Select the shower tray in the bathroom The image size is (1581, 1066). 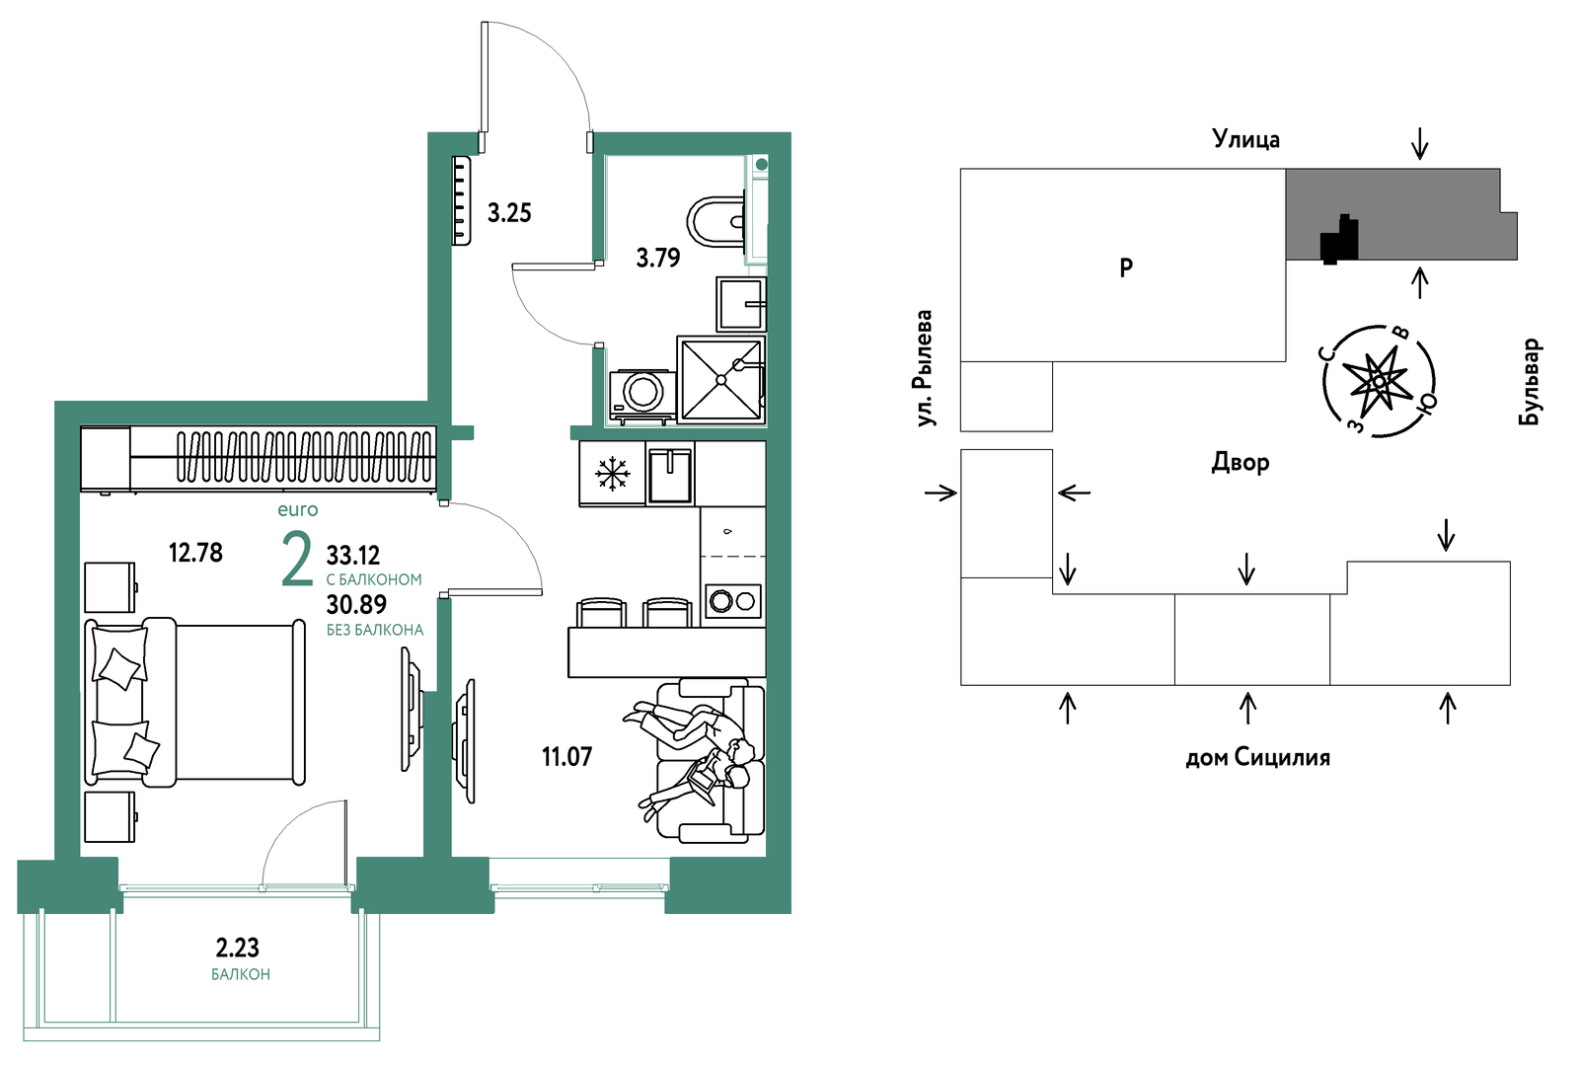[x=720, y=380]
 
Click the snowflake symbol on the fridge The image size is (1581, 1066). [x=612, y=474]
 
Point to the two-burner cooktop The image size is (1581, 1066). [x=733, y=601]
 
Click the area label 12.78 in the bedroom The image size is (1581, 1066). [x=195, y=553]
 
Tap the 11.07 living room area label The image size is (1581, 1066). [x=566, y=757]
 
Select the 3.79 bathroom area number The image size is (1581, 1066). [x=658, y=259]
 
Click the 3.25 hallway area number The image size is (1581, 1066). [x=509, y=213]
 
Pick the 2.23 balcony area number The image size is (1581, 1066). [x=237, y=948]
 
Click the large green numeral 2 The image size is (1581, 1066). [x=296, y=559]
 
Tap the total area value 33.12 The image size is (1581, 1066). [x=353, y=556]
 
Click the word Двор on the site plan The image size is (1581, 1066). [x=1241, y=463]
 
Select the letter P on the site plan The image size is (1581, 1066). [x=1126, y=267]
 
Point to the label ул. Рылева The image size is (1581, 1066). [x=923, y=368]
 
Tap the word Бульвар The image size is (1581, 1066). [x=1530, y=382]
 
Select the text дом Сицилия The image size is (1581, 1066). [x=1257, y=758]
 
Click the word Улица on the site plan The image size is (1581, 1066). [x=1245, y=140]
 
